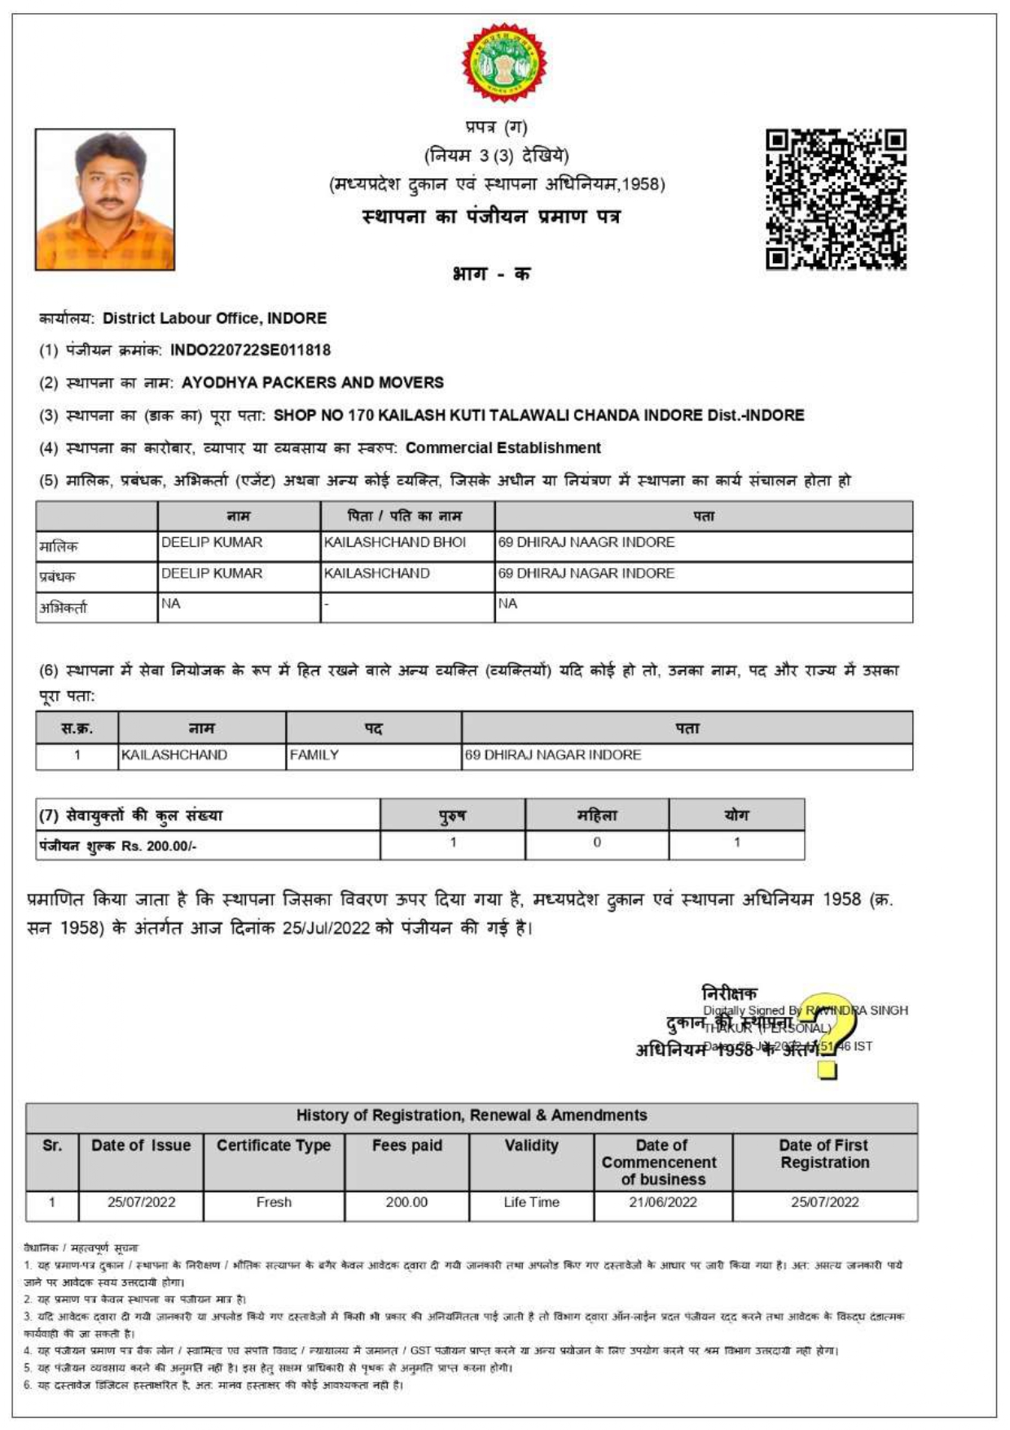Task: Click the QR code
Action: point(836,200)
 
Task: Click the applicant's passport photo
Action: point(104,200)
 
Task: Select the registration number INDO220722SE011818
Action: point(250,350)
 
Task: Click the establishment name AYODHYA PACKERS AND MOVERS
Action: point(312,382)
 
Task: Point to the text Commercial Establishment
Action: point(503,447)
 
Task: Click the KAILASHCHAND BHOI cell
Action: point(395,543)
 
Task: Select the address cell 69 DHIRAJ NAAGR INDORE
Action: point(586,543)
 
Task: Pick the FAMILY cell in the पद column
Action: point(314,755)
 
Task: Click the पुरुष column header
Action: point(452,815)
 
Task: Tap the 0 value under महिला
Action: point(597,843)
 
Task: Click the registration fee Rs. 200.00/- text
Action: point(159,847)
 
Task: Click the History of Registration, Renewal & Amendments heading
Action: point(472,1115)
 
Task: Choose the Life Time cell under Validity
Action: point(531,1203)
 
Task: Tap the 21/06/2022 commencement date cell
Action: point(662,1203)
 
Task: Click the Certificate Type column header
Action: point(274,1146)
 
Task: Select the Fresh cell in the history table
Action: point(274,1203)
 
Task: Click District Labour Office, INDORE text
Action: point(215,319)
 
